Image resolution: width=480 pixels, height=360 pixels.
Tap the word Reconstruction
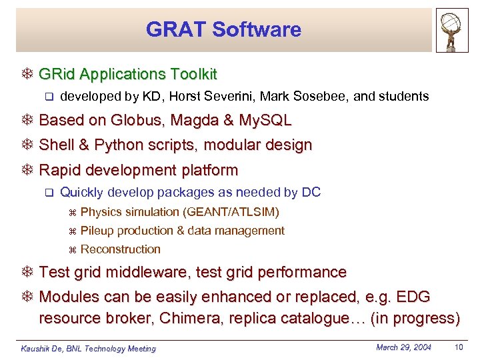pyautogui.click(x=121, y=249)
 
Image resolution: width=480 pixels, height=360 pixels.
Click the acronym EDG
pyautogui.click(x=413, y=297)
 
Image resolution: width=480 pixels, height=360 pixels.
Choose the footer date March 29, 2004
pyautogui.click(x=404, y=347)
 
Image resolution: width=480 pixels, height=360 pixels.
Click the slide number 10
pyautogui.click(x=458, y=347)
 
